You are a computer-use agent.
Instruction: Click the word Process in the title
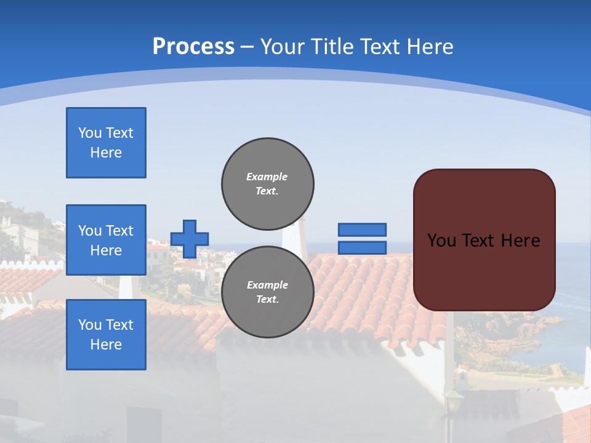(193, 46)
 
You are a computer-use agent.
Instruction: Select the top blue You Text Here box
(106, 143)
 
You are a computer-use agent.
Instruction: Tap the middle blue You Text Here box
(106, 240)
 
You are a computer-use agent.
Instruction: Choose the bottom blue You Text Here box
(106, 335)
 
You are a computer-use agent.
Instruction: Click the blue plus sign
(190, 239)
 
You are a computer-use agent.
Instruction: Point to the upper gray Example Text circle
(268, 184)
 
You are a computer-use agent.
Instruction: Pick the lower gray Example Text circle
(268, 292)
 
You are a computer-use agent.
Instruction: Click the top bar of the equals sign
(362, 229)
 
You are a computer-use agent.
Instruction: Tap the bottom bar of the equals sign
(362, 248)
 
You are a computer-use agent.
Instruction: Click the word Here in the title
(430, 46)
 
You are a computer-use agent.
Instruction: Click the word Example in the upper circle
(267, 177)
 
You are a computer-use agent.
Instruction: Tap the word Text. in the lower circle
(267, 300)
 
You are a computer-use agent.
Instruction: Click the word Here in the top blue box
(106, 153)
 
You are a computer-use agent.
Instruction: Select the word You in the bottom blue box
(90, 325)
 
